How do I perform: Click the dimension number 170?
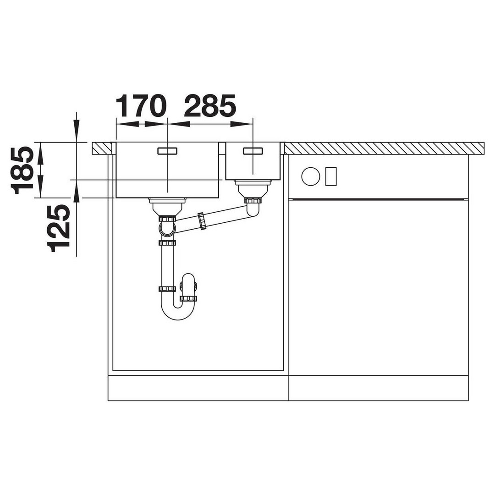(x=141, y=106)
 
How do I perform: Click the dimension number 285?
(x=210, y=106)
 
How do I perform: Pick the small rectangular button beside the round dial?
(x=331, y=176)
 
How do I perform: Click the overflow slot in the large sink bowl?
(x=167, y=151)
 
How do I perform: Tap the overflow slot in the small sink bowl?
(x=253, y=151)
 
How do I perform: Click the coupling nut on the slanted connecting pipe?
(x=202, y=220)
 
